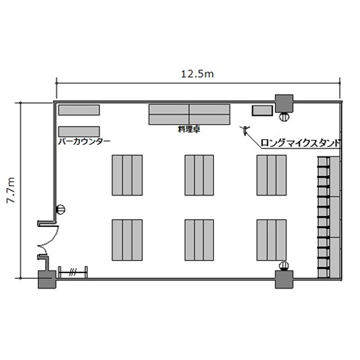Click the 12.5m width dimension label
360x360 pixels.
[x=197, y=74]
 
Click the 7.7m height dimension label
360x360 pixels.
[x=11, y=190]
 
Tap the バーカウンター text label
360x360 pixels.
[x=84, y=142]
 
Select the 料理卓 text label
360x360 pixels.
[x=189, y=129]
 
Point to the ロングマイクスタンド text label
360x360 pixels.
[x=300, y=143]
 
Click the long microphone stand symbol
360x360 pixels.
[x=245, y=131]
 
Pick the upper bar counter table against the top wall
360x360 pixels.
[x=79, y=110]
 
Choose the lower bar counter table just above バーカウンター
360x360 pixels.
[x=79, y=132]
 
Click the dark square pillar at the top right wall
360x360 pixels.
[x=284, y=103]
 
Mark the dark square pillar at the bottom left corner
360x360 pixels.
[x=47, y=279]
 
